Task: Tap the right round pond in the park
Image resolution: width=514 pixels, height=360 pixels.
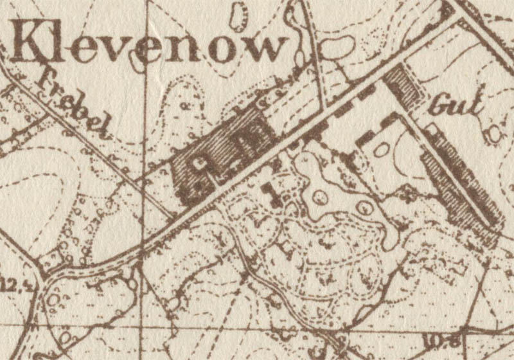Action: pyautogui.click(x=364, y=207)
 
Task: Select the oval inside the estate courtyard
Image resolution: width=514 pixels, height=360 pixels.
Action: pyautogui.click(x=383, y=149)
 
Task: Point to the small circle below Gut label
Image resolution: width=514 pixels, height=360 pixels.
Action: pyautogui.click(x=493, y=134)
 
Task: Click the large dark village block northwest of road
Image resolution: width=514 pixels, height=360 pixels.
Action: pyautogui.click(x=222, y=151)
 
